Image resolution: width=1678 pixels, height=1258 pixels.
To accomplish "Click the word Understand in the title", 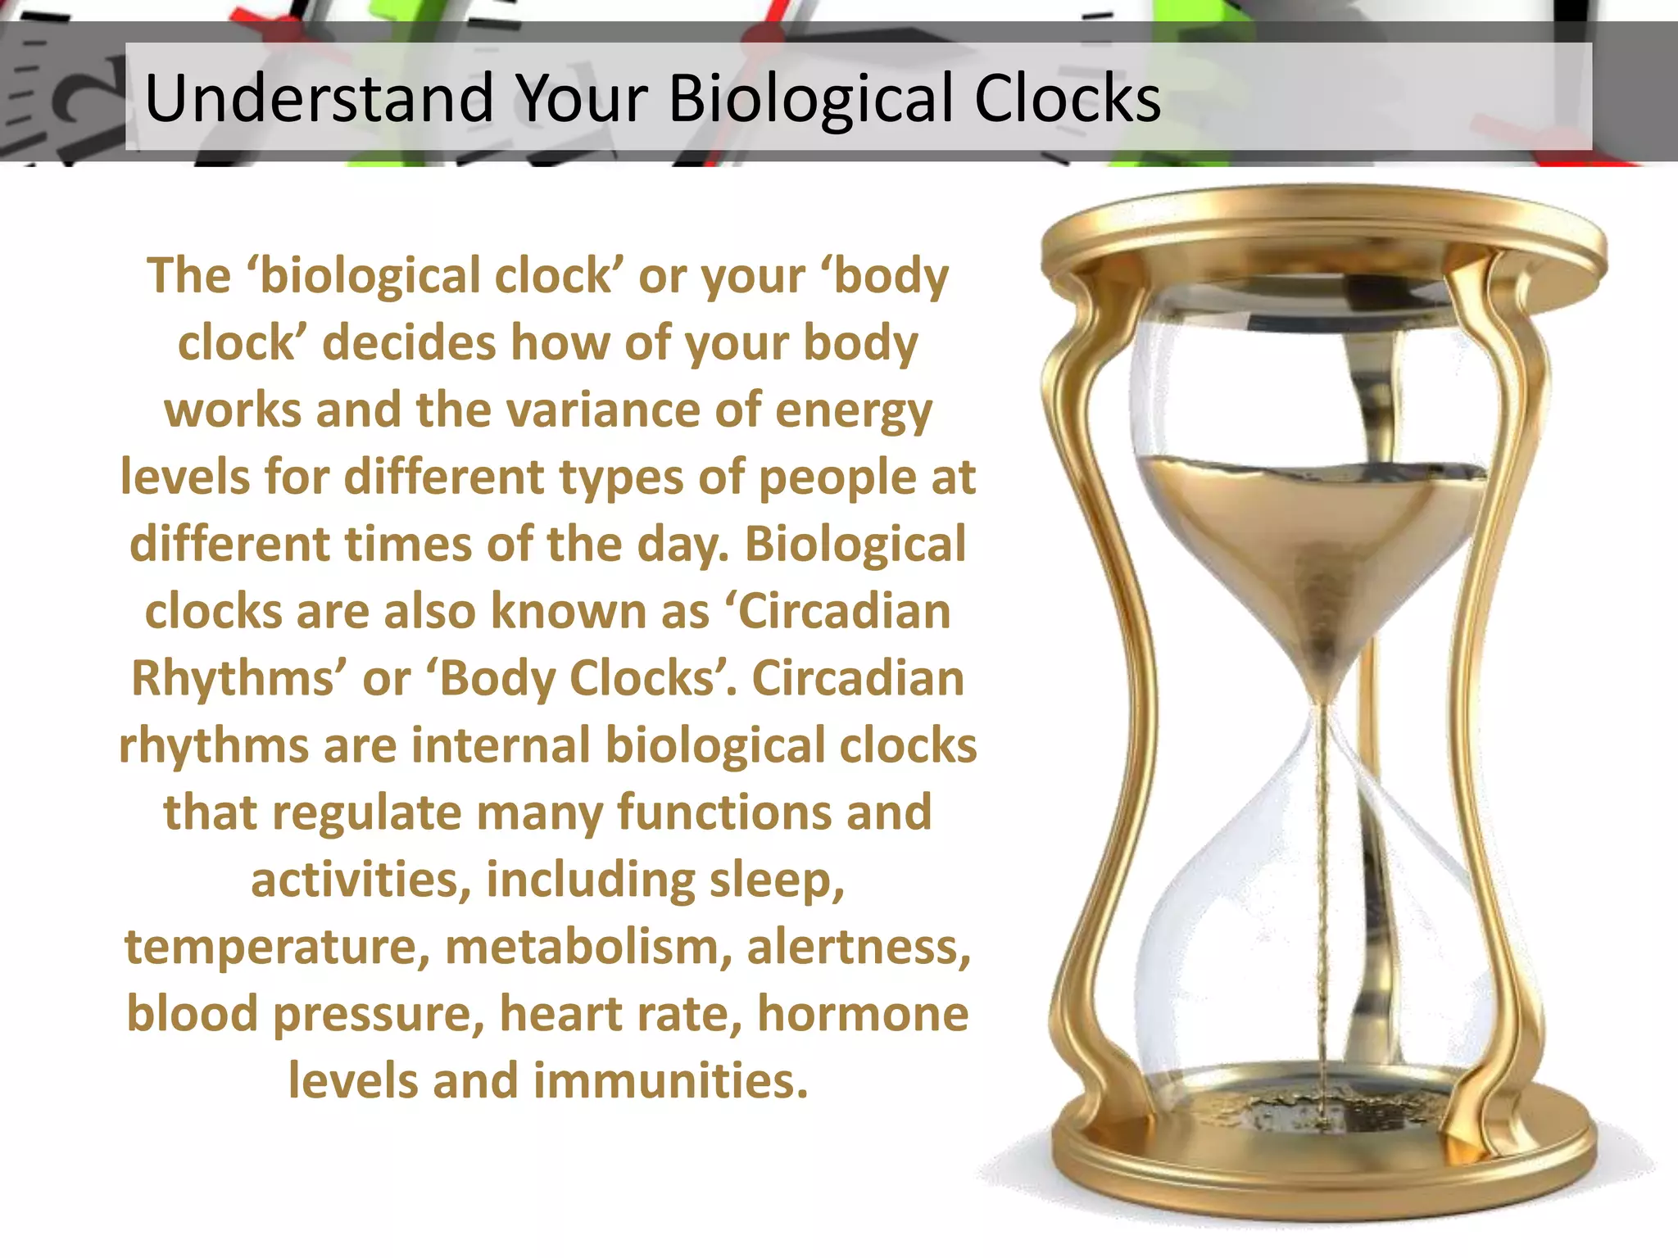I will click(319, 98).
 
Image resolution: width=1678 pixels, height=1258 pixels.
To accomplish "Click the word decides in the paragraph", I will click(409, 342).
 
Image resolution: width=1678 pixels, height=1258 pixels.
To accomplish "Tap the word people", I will click(837, 478).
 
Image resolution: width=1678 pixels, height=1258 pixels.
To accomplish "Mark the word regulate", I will click(366, 813).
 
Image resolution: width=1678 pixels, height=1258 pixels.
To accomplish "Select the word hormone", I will click(863, 1015).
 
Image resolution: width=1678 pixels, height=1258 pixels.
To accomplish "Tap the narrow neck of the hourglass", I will click(1321, 704).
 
